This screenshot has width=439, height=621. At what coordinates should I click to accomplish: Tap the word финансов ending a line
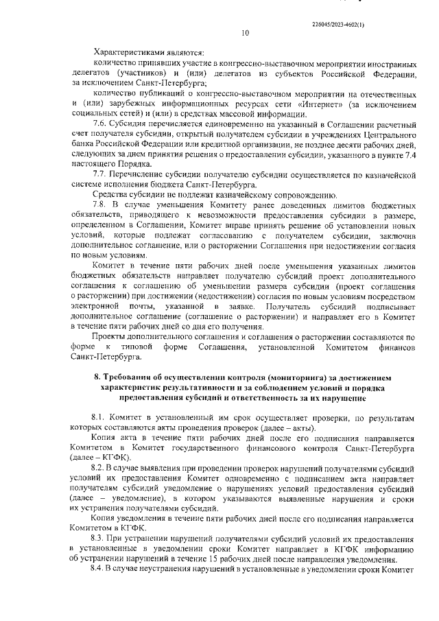398,347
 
